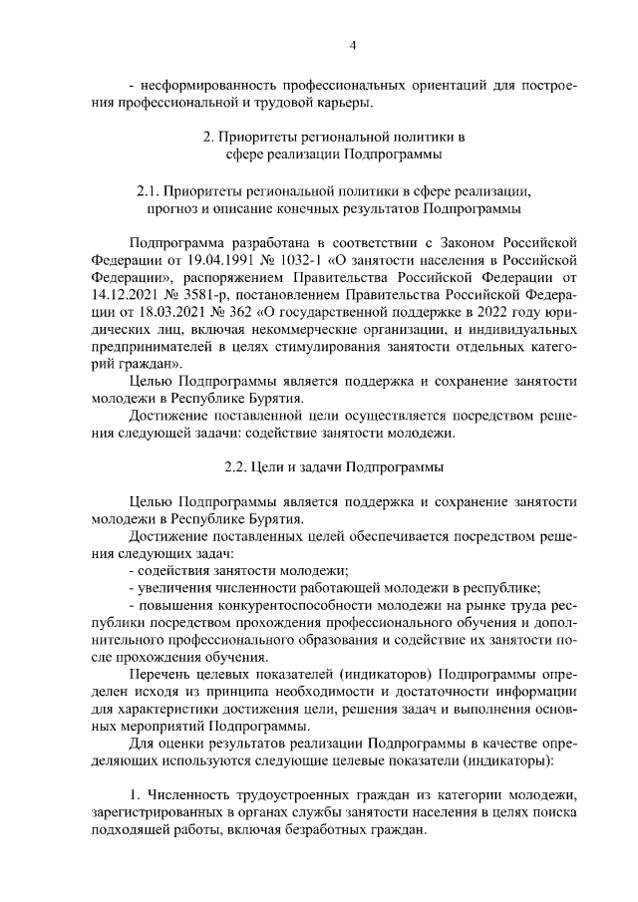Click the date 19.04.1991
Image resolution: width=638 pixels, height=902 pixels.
pyautogui.click(x=222, y=262)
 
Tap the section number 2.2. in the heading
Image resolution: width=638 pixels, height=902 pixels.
pyautogui.click(x=239, y=466)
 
